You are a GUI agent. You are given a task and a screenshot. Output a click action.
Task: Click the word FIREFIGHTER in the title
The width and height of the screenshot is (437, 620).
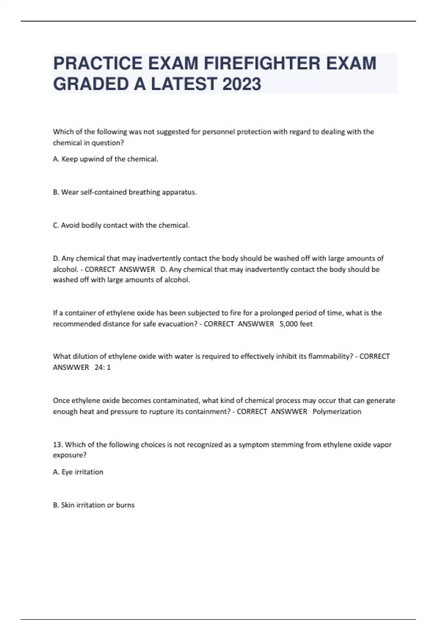click(262, 63)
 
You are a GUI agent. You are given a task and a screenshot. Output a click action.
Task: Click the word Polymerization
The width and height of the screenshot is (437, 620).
click(337, 411)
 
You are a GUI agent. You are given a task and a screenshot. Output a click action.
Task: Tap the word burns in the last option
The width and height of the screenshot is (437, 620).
click(125, 505)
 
